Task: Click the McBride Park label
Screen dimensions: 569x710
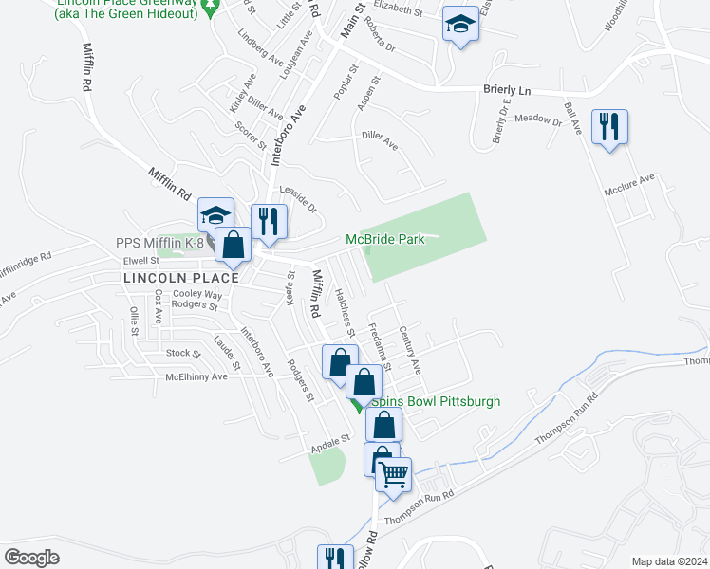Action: [384, 239]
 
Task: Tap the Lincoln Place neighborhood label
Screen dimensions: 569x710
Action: [180, 277]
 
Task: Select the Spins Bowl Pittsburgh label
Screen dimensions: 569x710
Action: [435, 401]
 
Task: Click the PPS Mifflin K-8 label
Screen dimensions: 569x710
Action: [160, 243]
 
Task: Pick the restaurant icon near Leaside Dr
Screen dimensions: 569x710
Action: [269, 222]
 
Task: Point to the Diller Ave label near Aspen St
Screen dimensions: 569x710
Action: [379, 140]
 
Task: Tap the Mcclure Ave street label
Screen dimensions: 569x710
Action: [629, 184]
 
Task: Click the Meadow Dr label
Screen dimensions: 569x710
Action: [539, 119]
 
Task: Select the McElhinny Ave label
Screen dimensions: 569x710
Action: [196, 376]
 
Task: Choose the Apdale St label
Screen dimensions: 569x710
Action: [331, 439]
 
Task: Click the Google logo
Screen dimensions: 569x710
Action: [31, 558]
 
